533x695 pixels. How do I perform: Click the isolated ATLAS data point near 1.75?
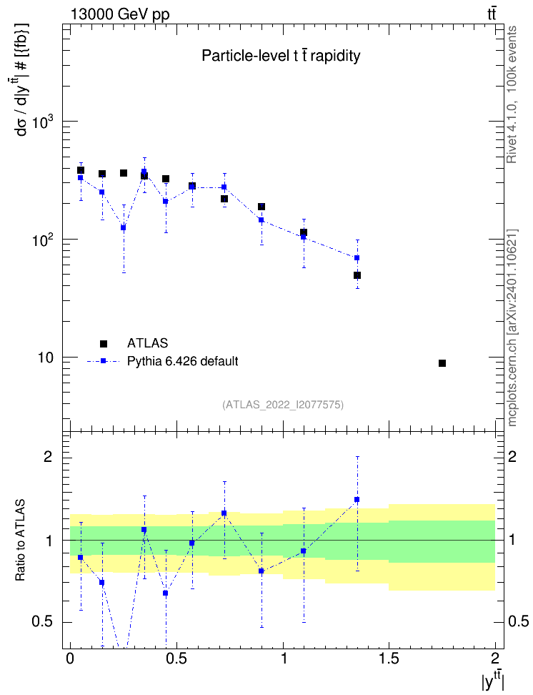pyautogui.click(x=442, y=363)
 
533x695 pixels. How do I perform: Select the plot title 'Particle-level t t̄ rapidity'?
pyautogui.click(x=281, y=56)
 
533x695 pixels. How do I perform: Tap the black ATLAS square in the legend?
pyautogui.click(x=104, y=343)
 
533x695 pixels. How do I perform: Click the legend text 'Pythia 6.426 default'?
pyautogui.click(x=182, y=361)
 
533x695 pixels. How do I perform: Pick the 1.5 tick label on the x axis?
pyautogui.click(x=389, y=659)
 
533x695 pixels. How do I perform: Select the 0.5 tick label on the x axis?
pyautogui.click(x=176, y=659)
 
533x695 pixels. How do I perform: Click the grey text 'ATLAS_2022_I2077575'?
pyautogui.click(x=283, y=404)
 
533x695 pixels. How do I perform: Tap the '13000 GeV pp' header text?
pyautogui.click(x=120, y=14)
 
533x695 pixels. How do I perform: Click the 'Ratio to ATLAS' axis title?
pyautogui.click(x=20, y=540)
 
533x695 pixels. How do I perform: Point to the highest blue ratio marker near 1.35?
pyautogui.click(x=357, y=500)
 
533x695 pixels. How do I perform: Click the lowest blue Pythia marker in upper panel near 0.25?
pyautogui.click(x=123, y=228)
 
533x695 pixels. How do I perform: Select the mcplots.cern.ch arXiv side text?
pyautogui.click(x=512, y=328)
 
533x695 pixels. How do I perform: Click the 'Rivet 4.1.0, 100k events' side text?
pyautogui.click(x=512, y=94)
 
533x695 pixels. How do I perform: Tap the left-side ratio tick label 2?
pyautogui.click(x=48, y=456)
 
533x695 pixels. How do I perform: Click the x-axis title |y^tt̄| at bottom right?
pyautogui.click(x=493, y=681)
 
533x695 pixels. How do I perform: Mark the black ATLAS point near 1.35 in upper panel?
pyautogui.click(x=357, y=275)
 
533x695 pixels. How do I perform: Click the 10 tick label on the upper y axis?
pyautogui.click(x=44, y=358)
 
